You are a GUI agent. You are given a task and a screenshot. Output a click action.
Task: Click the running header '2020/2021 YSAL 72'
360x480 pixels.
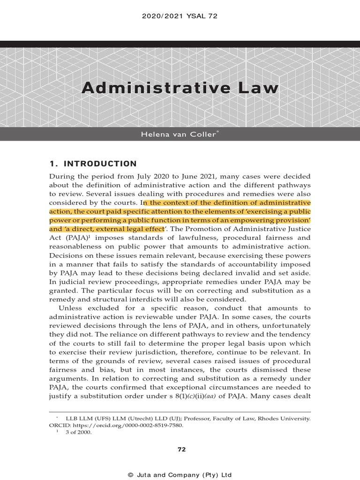click(x=180, y=16)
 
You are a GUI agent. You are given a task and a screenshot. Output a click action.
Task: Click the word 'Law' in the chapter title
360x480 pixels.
click(x=258, y=88)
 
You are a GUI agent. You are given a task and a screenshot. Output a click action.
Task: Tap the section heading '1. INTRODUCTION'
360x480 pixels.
click(x=93, y=164)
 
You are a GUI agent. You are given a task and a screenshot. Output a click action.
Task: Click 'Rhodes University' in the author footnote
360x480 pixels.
click(x=286, y=418)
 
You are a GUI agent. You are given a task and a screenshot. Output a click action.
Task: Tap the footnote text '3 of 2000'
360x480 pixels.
click(x=81, y=433)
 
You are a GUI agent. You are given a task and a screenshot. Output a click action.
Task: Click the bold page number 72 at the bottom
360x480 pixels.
click(x=181, y=450)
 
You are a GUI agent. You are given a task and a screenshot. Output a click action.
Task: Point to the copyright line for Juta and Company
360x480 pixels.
click(x=180, y=474)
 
